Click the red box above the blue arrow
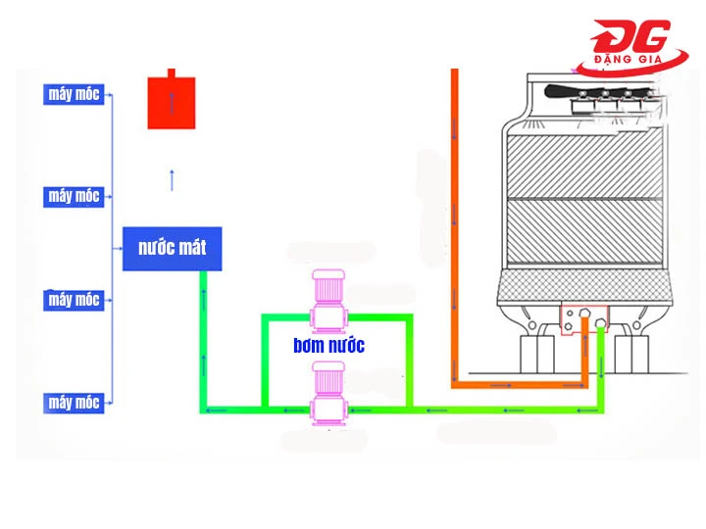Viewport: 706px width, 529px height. tap(172, 102)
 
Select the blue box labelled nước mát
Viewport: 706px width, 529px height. tap(172, 249)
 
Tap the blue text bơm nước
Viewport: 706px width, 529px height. tap(328, 346)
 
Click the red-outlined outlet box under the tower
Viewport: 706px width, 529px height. tap(584, 317)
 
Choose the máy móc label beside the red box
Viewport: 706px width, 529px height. tap(75, 95)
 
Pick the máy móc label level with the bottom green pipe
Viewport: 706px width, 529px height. tap(75, 403)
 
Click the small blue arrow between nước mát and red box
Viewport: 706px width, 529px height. tap(172, 179)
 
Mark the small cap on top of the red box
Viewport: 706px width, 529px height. tap(173, 72)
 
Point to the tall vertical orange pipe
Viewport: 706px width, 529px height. tap(455, 225)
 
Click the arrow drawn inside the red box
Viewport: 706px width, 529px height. tap(172, 103)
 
